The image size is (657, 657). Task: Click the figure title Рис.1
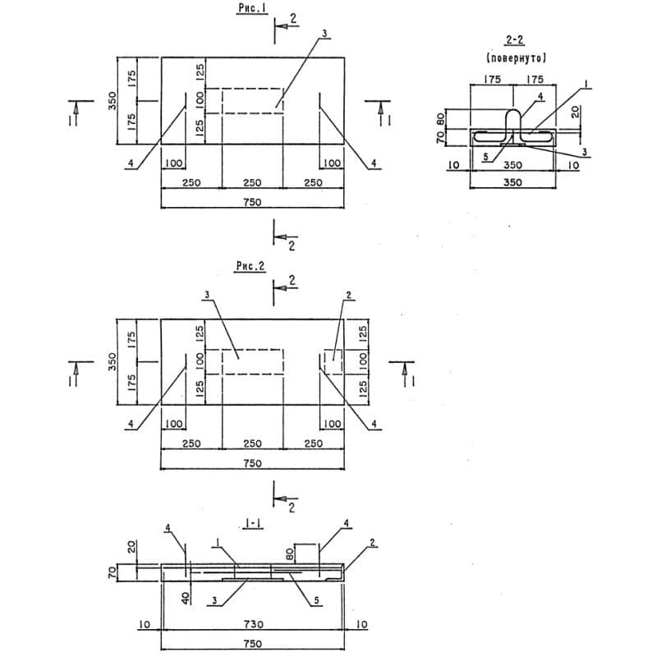(x=253, y=8)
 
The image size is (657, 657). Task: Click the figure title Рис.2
(x=250, y=266)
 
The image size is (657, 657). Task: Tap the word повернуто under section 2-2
(x=517, y=57)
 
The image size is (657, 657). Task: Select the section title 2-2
(x=515, y=40)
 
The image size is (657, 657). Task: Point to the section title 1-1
(x=253, y=523)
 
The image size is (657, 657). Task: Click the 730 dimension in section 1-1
(x=253, y=624)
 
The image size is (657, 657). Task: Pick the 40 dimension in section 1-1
(x=187, y=596)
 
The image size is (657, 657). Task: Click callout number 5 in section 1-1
(x=317, y=601)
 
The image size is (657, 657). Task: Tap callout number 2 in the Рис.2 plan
(x=348, y=296)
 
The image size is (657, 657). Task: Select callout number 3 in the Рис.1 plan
(x=324, y=34)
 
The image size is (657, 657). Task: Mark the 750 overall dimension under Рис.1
(x=252, y=202)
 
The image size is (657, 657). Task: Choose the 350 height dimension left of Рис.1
(x=113, y=101)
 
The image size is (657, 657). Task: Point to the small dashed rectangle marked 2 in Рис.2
(x=333, y=361)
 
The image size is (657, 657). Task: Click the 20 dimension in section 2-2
(x=576, y=112)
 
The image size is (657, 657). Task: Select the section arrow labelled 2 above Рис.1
(x=287, y=26)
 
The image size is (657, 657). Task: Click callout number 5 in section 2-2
(x=485, y=157)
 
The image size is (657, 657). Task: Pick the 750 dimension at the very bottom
(x=252, y=644)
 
